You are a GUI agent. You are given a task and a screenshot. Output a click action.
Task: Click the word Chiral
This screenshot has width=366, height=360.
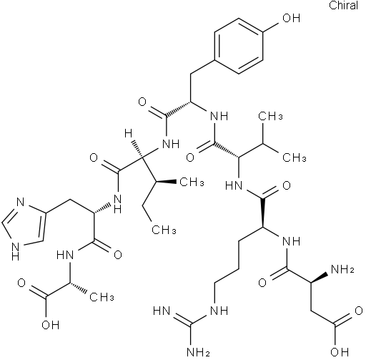(x=343, y=5)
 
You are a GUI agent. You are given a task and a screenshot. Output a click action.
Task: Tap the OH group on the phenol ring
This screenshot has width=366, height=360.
(x=291, y=18)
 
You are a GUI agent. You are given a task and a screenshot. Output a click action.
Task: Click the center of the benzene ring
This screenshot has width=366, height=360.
(x=239, y=46)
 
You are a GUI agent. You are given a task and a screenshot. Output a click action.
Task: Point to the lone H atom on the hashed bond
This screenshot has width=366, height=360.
(x=128, y=134)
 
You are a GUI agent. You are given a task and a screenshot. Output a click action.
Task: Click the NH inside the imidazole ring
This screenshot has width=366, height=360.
(x=15, y=251)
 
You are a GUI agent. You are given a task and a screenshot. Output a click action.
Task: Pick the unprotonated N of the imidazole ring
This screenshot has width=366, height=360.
(x=21, y=203)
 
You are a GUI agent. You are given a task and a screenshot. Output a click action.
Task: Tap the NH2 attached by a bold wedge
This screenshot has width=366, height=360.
(x=342, y=269)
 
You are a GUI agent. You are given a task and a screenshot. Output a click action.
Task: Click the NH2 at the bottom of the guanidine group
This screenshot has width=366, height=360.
(x=199, y=351)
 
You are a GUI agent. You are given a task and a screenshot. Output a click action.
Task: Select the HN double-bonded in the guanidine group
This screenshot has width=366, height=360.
(x=162, y=311)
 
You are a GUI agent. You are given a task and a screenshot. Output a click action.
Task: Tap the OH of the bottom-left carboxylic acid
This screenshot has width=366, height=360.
(x=50, y=325)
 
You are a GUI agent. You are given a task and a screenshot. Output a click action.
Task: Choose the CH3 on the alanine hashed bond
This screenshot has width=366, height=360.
(x=102, y=298)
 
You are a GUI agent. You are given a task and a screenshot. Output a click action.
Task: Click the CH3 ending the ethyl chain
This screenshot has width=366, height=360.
(x=164, y=230)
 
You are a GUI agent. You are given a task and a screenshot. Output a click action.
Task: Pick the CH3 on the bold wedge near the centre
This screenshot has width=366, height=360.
(x=192, y=183)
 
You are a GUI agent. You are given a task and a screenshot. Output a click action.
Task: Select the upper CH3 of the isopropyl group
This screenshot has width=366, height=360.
(x=270, y=116)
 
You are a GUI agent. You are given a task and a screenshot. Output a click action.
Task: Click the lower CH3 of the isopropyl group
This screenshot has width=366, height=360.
(x=295, y=157)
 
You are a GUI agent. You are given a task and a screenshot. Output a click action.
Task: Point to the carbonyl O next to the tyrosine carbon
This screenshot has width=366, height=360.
(x=142, y=102)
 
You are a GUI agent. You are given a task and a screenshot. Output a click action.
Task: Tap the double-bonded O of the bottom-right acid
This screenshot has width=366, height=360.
(x=359, y=311)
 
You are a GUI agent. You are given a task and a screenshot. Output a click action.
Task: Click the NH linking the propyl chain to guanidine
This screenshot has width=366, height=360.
(x=219, y=311)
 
